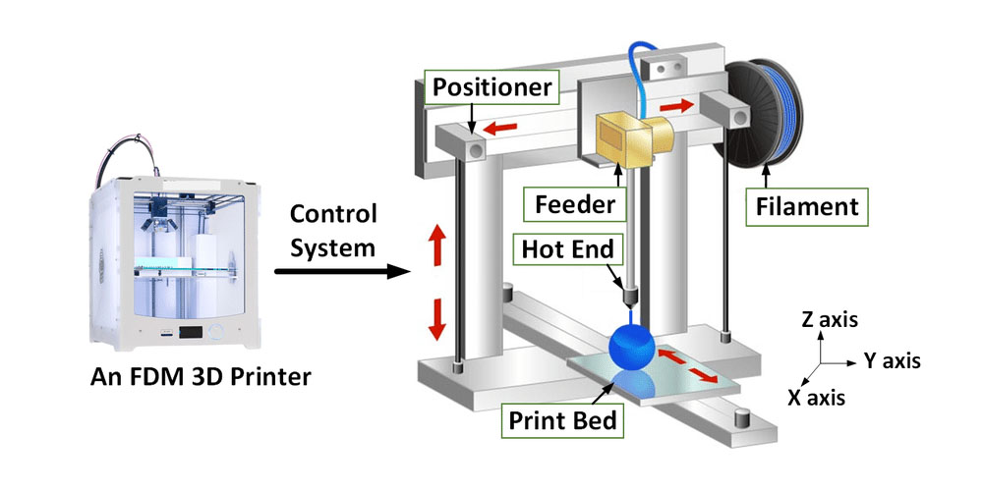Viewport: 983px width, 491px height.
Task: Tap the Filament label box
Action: [x=806, y=207]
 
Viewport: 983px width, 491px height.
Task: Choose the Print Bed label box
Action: [x=563, y=421]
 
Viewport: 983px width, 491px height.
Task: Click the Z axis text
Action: [x=829, y=319]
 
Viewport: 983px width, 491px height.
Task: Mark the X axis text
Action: [x=812, y=398]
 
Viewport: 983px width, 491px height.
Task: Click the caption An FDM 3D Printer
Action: [x=172, y=376]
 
